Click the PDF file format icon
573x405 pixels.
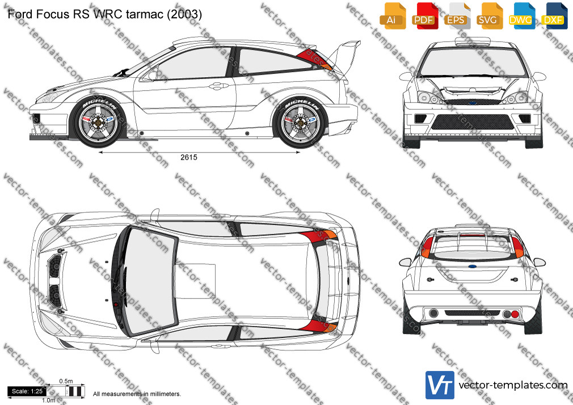(x=424, y=16)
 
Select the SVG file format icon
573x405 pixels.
(x=489, y=16)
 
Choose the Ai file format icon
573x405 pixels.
(x=392, y=16)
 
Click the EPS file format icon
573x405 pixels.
(x=457, y=16)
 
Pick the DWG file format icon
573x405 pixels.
(x=522, y=16)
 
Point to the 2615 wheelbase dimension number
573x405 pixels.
(x=188, y=157)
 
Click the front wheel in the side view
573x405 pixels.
(x=99, y=122)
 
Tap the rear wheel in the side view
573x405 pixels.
(x=301, y=122)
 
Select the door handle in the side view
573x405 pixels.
(x=217, y=86)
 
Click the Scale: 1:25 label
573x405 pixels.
(x=27, y=391)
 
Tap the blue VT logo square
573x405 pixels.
(x=440, y=385)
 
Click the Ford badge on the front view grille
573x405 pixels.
(x=473, y=103)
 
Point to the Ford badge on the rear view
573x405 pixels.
(x=473, y=267)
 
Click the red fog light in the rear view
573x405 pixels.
(x=515, y=314)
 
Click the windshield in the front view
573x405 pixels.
(x=473, y=63)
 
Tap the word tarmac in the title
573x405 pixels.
(x=145, y=14)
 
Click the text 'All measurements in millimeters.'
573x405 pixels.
(x=137, y=394)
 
